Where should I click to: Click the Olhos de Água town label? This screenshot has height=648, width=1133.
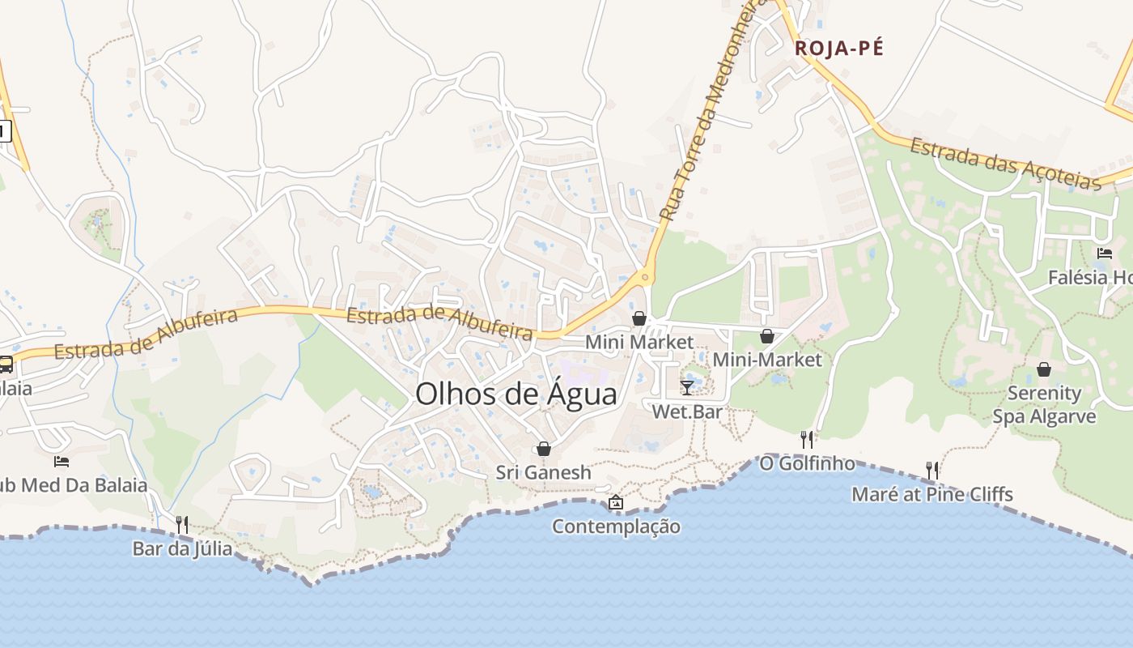point(516,394)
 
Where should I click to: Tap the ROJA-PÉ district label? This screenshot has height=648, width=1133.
point(838,48)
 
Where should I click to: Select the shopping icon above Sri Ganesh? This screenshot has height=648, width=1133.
point(544,449)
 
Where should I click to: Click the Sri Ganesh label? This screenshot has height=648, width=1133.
point(544,472)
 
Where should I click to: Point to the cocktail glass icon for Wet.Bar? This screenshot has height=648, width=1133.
point(687,387)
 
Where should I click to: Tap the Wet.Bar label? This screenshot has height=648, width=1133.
point(687,411)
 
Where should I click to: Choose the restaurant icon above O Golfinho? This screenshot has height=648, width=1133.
point(807,439)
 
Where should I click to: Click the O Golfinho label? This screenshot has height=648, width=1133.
point(807,463)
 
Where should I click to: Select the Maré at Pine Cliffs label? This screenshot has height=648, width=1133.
point(932,494)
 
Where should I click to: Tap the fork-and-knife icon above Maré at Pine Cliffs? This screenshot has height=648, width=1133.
point(932,470)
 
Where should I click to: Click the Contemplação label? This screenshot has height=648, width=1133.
point(616,526)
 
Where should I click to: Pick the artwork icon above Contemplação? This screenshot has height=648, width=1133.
point(616,502)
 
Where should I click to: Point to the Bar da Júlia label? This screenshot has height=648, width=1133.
point(182,549)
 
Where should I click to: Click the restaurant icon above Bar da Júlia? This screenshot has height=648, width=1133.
point(182,525)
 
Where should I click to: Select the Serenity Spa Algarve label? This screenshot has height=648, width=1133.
point(1044,405)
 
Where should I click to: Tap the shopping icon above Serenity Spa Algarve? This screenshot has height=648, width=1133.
point(1044,369)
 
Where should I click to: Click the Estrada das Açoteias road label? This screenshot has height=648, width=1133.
point(1005,164)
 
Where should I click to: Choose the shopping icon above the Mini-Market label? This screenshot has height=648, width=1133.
point(766,336)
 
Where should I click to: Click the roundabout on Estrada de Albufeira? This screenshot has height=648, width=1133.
point(645,278)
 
